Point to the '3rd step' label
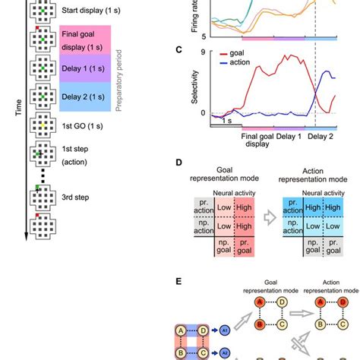(77, 197)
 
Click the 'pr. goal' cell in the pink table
(244, 248)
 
